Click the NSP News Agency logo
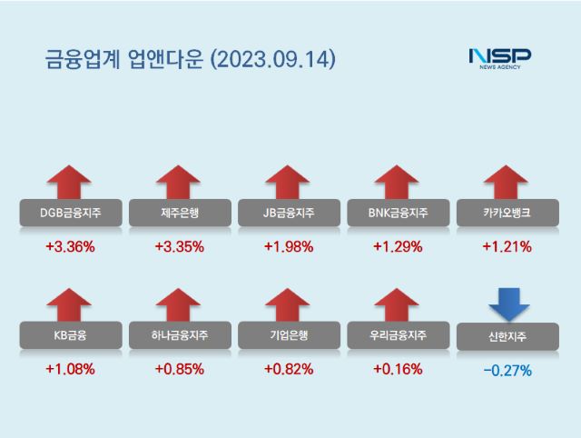[499, 59]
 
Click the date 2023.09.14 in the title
[272, 60]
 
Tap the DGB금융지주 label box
[70, 214]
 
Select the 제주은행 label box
[179, 214]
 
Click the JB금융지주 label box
[288, 214]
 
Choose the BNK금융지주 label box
[397, 214]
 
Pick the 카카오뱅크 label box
[507, 214]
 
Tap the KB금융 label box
[70, 335]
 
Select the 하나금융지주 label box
[179, 335]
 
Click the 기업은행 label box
[288, 335]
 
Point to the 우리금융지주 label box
[397, 335]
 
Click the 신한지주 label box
[507, 336]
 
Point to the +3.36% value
[70, 246]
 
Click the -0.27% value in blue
[507, 370]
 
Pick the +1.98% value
[288, 246]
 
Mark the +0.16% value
[397, 369]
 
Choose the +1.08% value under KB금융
[70, 369]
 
